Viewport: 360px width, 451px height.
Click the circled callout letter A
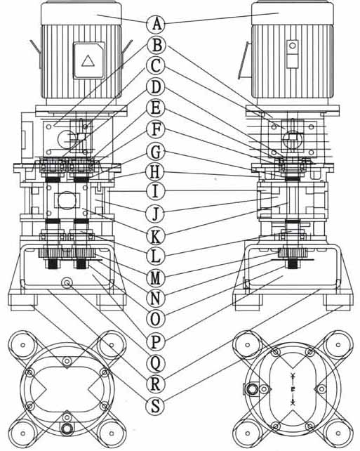156,24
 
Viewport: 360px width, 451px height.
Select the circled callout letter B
156,45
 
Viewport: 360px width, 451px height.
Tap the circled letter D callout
155,87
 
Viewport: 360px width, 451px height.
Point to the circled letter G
155,152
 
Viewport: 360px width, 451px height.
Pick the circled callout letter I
155,191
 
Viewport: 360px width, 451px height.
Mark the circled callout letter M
155,278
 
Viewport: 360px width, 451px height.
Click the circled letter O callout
155,319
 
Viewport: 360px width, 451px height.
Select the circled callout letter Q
155,363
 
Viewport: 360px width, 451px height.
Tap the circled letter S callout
155,406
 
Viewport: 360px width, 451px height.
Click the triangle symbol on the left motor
88,60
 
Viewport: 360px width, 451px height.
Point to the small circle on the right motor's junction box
293,46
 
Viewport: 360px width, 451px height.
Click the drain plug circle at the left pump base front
67,283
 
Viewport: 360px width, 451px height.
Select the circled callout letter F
155,130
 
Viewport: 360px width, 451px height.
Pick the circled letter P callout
155,341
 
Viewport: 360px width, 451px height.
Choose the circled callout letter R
155,384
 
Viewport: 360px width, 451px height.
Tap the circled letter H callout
155,172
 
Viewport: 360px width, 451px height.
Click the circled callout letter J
155,214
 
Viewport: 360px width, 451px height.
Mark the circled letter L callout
155,256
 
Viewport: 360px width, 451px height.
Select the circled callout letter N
155,299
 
